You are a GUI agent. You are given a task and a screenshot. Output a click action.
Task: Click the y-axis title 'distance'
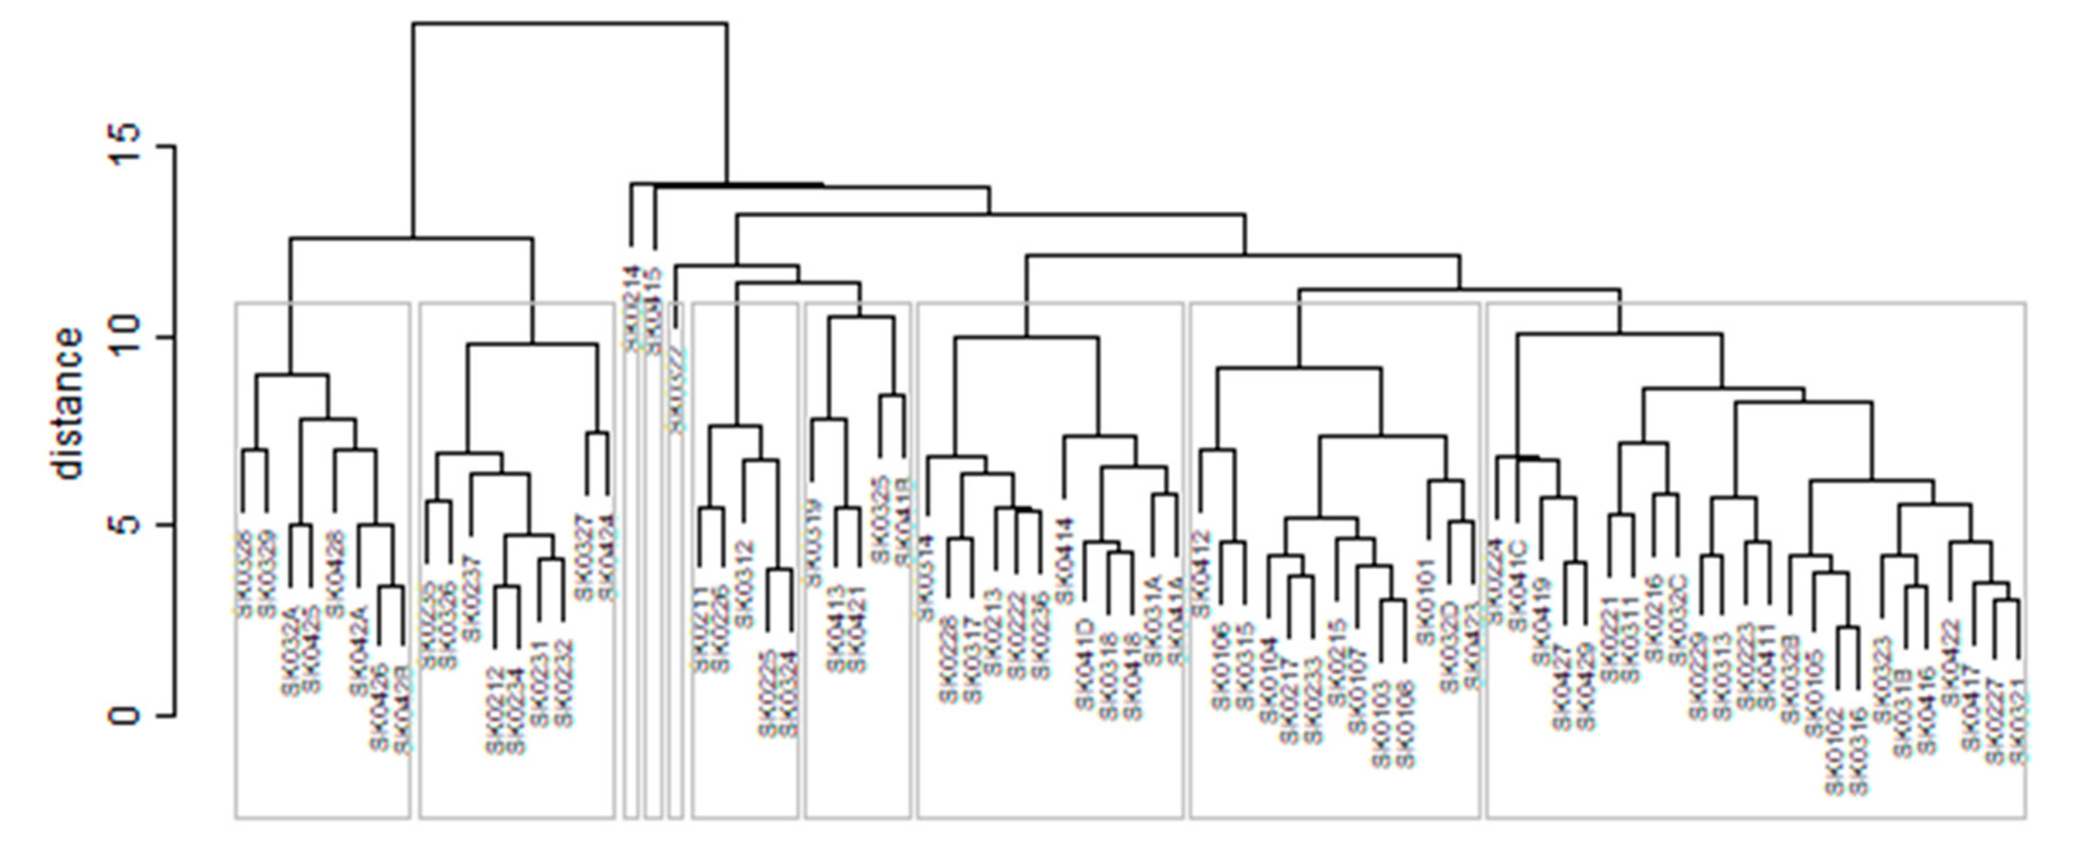[66, 403]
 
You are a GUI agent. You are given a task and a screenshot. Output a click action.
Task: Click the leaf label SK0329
[266, 573]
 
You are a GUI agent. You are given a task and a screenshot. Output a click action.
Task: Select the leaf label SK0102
[1836, 750]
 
